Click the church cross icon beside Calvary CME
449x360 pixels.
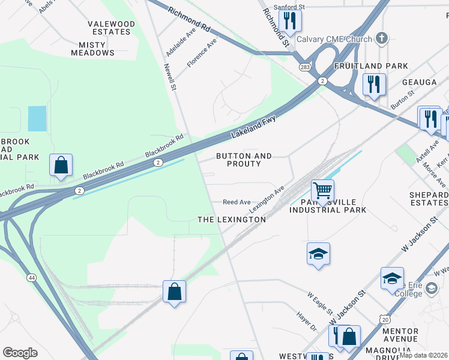pos(381,38)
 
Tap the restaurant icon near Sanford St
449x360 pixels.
pos(290,21)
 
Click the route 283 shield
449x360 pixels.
pos(306,67)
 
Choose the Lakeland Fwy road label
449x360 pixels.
pos(252,128)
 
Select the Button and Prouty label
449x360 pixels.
pos(244,160)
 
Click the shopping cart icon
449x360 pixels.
pos(323,191)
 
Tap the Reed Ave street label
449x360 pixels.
pos(237,203)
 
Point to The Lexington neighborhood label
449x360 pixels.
pos(232,220)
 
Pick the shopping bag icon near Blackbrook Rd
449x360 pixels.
pos(61,165)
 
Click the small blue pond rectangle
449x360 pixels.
pos(37,119)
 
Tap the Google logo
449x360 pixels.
pos(20,353)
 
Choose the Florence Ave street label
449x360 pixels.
pos(202,53)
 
